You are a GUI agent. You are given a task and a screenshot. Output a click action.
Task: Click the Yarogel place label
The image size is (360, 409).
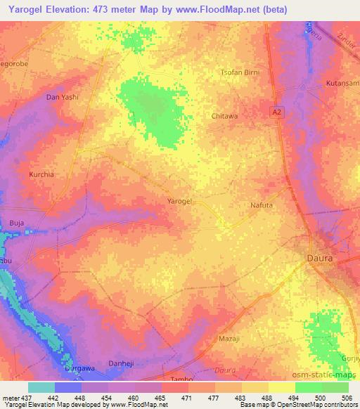click(180, 202)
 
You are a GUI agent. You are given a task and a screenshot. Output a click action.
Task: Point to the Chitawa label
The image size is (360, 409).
click(224, 116)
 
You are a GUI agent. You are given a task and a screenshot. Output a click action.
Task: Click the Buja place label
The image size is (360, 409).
click(16, 223)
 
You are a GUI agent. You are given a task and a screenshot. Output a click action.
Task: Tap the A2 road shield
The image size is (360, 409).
click(278, 112)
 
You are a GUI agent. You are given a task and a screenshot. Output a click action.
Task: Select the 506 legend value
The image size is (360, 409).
click(346, 398)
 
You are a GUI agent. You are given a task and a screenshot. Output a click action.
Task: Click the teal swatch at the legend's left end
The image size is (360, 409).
click(41, 387)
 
